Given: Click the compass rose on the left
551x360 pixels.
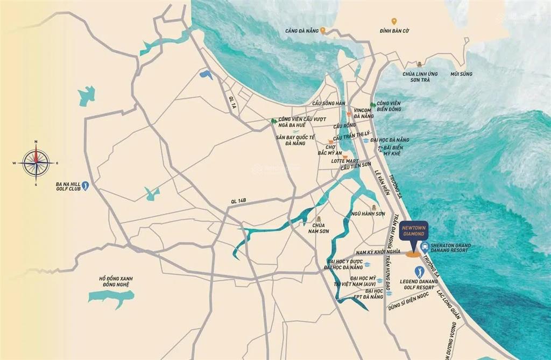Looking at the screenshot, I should click(x=36, y=163).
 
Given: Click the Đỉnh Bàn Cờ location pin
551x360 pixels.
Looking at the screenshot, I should click(x=394, y=22).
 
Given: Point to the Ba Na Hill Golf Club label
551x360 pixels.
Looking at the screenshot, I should click(x=67, y=187).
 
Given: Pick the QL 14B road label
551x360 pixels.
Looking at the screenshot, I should click(x=238, y=201).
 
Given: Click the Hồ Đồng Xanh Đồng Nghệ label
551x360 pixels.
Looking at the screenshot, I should click(x=116, y=282).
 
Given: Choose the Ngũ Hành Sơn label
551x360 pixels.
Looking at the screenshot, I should click(x=368, y=214).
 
